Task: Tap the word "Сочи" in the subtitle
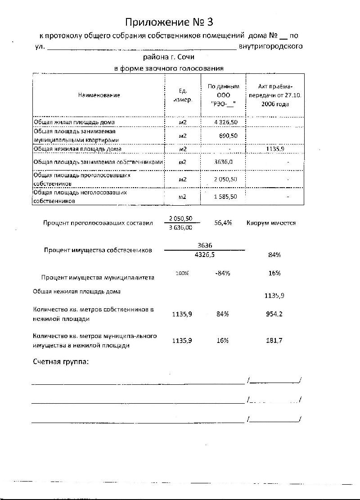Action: click(x=185, y=57)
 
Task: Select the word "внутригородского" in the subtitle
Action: click(x=271, y=46)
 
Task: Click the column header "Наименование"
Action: click(x=99, y=95)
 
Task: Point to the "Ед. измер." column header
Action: click(x=183, y=95)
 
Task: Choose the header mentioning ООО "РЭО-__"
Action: click(x=223, y=95)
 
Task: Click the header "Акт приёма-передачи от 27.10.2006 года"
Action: click(x=275, y=95)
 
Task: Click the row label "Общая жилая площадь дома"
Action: click(x=74, y=122)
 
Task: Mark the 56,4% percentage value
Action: click(x=223, y=223)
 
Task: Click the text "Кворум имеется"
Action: click(x=271, y=223)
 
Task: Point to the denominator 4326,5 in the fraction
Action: click(x=205, y=255)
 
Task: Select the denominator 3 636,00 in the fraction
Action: click(x=180, y=228)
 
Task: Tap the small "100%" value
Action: click(x=182, y=273)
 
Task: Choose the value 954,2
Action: click(x=274, y=314)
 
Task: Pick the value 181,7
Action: click(x=274, y=341)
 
